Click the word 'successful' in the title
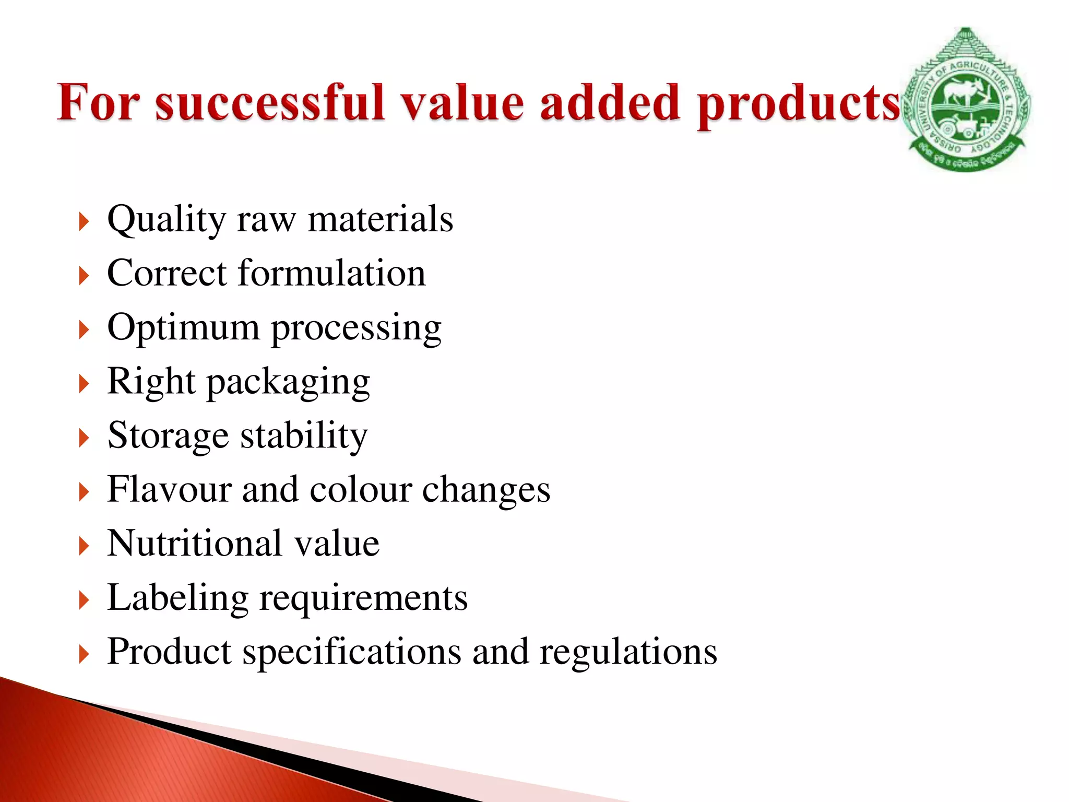(269, 102)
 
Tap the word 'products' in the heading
(799, 104)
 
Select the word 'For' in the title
(99, 102)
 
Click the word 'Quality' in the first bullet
(166, 220)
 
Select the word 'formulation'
(331, 273)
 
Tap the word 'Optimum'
(183, 328)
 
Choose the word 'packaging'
(289, 382)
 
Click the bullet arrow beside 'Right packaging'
(84, 384)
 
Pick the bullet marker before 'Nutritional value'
(84, 546)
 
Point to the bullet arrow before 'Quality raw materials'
(84, 222)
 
